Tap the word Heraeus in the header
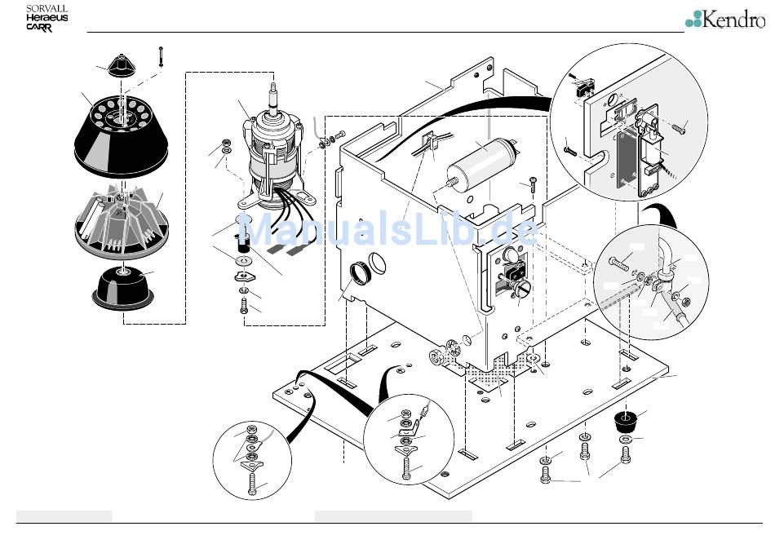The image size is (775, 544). coord(46,17)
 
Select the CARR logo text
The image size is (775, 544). coord(40,27)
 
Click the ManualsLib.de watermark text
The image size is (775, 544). coord(392,231)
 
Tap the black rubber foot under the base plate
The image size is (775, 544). coord(626,422)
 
